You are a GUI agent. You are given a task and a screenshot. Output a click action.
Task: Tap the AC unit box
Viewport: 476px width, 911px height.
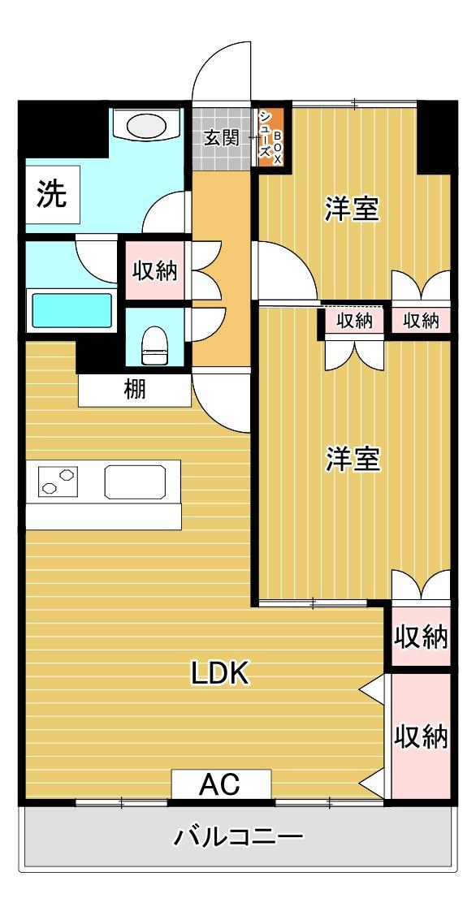[221, 784]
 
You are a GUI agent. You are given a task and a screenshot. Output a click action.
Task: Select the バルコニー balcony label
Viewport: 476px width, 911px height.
[239, 837]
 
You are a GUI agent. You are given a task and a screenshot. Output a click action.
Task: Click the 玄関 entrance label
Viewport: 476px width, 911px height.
[222, 138]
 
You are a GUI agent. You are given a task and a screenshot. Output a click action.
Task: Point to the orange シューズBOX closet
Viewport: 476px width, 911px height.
[270, 137]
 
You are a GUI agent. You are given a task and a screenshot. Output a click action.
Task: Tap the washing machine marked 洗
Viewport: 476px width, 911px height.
[52, 194]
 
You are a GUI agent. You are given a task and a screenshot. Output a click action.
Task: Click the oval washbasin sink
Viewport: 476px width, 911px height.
[146, 125]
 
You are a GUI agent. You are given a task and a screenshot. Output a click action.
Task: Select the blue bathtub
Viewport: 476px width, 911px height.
[71, 310]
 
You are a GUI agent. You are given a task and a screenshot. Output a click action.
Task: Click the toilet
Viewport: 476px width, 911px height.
[154, 345]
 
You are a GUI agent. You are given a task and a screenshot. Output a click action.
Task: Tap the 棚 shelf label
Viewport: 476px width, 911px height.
[135, 390]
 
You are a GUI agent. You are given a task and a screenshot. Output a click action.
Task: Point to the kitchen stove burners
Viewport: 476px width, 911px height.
[57, 481]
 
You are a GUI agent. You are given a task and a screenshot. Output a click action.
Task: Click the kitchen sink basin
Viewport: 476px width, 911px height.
[135, 481]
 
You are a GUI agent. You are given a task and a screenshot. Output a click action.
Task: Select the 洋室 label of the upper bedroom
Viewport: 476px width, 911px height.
[353, 209]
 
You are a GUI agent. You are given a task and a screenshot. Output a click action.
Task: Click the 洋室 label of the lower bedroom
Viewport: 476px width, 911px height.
[353, 460]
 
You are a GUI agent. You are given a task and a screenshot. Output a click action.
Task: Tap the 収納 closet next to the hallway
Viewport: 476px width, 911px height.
[154, 270]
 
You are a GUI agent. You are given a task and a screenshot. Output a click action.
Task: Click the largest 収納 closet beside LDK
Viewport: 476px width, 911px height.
[422, 736]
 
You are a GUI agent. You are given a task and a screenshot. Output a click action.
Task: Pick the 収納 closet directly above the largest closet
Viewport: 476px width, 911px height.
[422, 637]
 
